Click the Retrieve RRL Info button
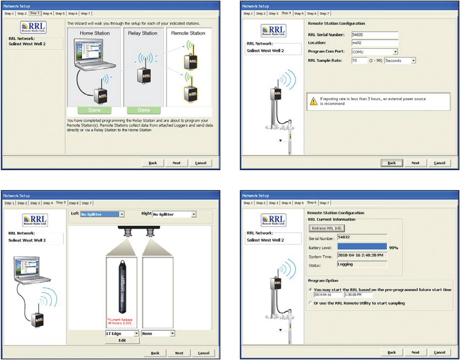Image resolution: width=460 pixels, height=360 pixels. (x=326, y=228)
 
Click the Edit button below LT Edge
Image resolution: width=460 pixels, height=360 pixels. (x=122, y=340)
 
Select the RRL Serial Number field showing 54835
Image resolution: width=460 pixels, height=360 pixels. (x=375, y=35)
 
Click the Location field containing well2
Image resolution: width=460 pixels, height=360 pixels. (x=375, y=43)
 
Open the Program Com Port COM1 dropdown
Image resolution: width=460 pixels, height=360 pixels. (x=395, y=52)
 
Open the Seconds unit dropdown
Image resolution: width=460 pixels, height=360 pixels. (x=413, y=61)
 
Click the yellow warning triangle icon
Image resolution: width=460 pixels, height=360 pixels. (x=313, y=101)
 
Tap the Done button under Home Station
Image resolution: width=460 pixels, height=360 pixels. (x=94, y=110)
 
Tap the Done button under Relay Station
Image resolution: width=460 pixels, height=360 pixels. (x=144, y=110)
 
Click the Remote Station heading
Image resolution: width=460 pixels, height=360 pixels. (x=188, y=33)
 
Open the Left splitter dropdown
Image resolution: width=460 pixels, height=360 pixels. (x=122, y=214)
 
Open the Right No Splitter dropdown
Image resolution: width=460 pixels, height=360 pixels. (x=194, y=214)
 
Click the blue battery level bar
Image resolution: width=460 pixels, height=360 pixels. (x=362, y=247)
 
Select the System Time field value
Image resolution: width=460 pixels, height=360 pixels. (x=362, y=255)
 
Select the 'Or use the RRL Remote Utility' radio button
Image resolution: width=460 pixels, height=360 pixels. (x=310, y=303)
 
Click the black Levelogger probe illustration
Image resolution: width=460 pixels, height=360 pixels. (x=122, y=286)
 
